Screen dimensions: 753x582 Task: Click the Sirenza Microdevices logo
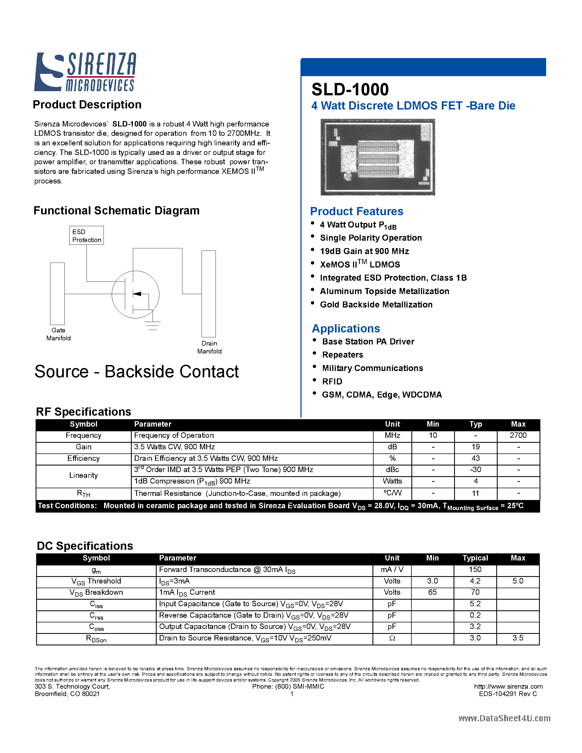click(x=85, y=72)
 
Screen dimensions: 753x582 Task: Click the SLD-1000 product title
click(x=350, y=90)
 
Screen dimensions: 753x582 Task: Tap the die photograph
click(x=377, y=157)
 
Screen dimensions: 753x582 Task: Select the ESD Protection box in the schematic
click(x=87, y=235)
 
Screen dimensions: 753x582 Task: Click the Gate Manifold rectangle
click(x=57, y=294)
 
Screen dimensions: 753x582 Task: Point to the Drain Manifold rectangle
click(x=209, y=294)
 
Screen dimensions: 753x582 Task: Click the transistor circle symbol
click(x=136, y=294)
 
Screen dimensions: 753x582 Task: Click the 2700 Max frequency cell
click(x=518, y=435)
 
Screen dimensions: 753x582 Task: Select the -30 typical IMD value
click(x=475, y=470)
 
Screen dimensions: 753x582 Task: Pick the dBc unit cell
click(x=392, y=470)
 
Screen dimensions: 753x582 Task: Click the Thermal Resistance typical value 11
click(x=475, y=493)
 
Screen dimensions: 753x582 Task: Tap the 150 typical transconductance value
click(x=475, y=570)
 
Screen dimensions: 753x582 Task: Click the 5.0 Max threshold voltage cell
click(x=518, y=581)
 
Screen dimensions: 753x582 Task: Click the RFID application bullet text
click(x=332, y=382)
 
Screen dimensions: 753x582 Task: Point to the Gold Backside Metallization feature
click(x=376, y=305)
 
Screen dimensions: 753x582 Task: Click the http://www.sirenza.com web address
click(x=508, y=686)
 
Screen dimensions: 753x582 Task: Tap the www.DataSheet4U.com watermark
click(x=504, y=718)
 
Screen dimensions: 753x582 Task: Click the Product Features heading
click(x=357, y=211)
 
